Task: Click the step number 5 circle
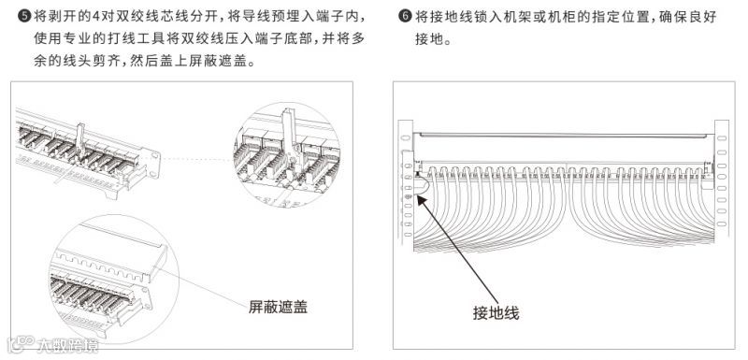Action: pos(24,17)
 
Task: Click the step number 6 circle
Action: pos(405,17)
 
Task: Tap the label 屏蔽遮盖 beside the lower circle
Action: pos(278,307)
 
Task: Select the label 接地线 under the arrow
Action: pos(496,313)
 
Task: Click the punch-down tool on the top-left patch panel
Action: pos(80,140)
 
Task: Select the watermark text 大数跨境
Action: pos(67,345)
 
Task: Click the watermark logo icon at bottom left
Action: pos(21,344)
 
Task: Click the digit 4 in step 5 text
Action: pos(96,17)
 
